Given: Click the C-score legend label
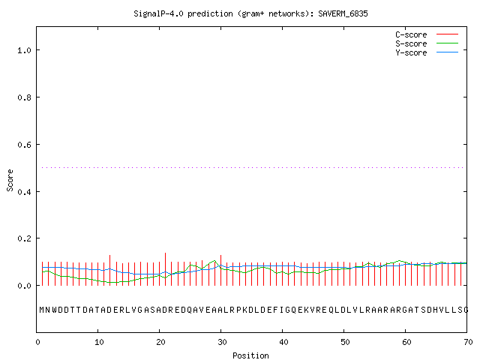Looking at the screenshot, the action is pos(411,34).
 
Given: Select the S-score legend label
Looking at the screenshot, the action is pos(411,43).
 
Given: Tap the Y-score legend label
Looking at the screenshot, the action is pos(411,52).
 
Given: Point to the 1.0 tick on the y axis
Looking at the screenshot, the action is pos(24,50).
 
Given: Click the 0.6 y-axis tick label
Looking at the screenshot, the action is pos(24,145).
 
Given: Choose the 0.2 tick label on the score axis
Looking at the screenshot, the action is pos(24,238).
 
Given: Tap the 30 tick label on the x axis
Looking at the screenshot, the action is pos(222,342).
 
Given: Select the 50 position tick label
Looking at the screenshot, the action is pos(345,342).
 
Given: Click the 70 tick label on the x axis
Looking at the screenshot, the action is pos(468,342).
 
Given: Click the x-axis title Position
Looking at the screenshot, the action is pos(250,355).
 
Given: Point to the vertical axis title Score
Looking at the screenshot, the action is pos(10,181).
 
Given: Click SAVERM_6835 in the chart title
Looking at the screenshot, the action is pos(343,13).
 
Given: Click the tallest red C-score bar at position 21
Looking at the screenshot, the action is pos(165,269).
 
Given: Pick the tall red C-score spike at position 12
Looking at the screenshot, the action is pos(110,270).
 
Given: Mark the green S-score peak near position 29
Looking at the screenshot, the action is pos(215,261).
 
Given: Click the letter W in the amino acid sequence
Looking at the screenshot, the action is pos(55,310).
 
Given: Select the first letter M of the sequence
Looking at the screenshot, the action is pos(42,310).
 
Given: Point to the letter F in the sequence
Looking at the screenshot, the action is pos(275,310).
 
